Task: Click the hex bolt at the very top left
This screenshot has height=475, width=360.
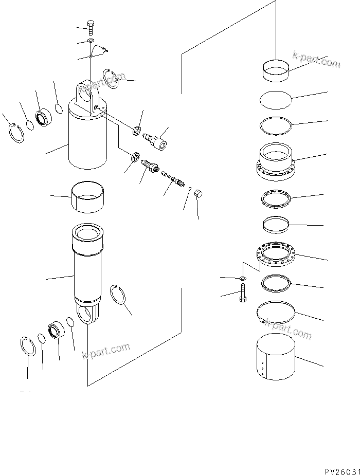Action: tap(91, 27)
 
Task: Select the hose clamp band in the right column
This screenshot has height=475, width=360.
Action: tap(277, 314)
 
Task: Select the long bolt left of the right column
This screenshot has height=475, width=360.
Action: tap(242, 297)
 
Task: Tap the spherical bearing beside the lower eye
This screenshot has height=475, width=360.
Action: tap(56, 332)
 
